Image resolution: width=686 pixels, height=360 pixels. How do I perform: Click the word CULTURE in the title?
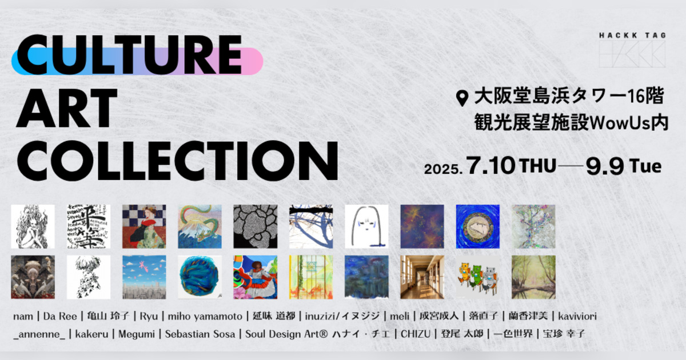tap(129, 54)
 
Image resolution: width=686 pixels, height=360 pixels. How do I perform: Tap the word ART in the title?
tap(67, 108)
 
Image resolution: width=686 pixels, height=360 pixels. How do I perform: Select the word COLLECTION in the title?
tap(177, 161)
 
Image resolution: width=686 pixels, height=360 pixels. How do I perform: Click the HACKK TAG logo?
tap(632, 50)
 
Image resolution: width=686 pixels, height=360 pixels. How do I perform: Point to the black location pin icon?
tap(462, 98)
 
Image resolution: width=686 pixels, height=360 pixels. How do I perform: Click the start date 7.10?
tap(490, 166)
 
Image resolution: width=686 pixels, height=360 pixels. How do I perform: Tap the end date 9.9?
tap(605, 166)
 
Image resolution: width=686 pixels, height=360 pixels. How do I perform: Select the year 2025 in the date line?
tap(443, 169)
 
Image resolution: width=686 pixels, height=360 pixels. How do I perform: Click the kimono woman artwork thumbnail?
tap(144, 226)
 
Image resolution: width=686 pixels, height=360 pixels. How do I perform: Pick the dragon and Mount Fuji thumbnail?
tap(200, 226)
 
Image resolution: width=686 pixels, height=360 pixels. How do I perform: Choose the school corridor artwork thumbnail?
tap(422, 277)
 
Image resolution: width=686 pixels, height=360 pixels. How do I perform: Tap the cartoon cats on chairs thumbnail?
tap(478, 277)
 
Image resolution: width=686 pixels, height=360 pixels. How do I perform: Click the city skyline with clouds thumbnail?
tap(144, 277)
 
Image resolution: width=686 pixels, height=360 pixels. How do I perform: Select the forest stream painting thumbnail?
tap(533, 277)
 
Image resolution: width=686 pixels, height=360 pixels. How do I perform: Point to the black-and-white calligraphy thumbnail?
tap(89, 226)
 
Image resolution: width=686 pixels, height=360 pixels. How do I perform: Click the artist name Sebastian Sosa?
tap(200, 334)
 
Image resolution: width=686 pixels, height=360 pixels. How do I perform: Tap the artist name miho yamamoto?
tap(205, 316)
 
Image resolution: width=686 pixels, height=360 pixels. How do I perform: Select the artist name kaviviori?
tap(577, 316)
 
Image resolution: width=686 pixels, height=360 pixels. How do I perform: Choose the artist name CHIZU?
tap(416, 334)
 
